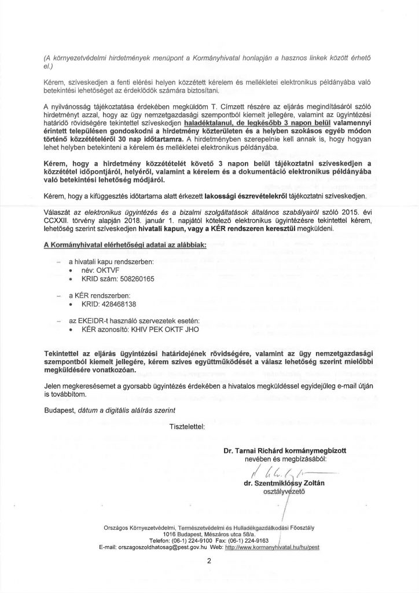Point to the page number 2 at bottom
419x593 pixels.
[x=209, y=561]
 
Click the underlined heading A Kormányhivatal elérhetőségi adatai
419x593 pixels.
[x=125, y=246]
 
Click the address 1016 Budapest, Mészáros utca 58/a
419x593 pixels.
[x=209, y=533]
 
